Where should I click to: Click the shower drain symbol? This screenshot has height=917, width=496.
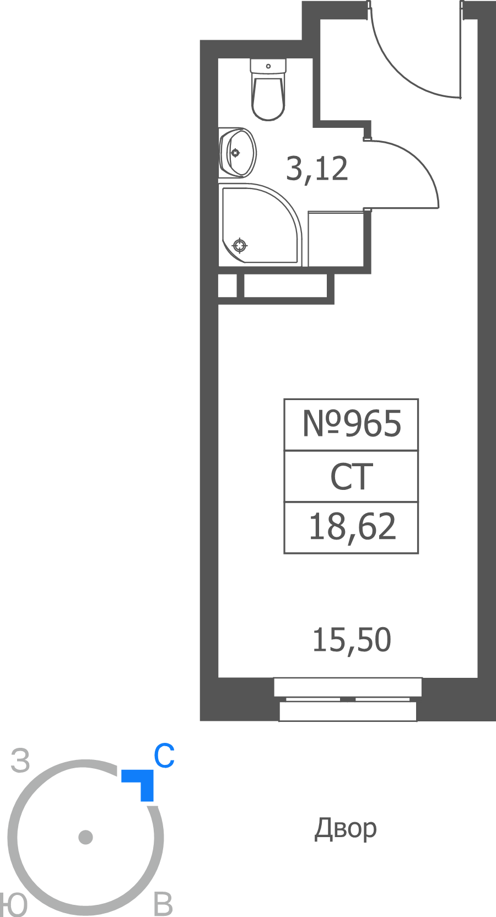(x=240, y=246)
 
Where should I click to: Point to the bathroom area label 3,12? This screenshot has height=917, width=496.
(x=317, y=169)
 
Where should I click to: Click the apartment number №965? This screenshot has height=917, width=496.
(x=352, y=424)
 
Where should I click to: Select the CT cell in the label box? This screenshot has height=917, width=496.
(x=352, y=477)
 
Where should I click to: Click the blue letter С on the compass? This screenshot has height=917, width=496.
(x=165, y=756)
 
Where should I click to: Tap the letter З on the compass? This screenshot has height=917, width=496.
(x=20, y=760)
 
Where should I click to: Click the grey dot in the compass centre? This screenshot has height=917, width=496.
(x=85, y=837)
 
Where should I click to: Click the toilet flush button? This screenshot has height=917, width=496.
(x=268, y=66)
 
